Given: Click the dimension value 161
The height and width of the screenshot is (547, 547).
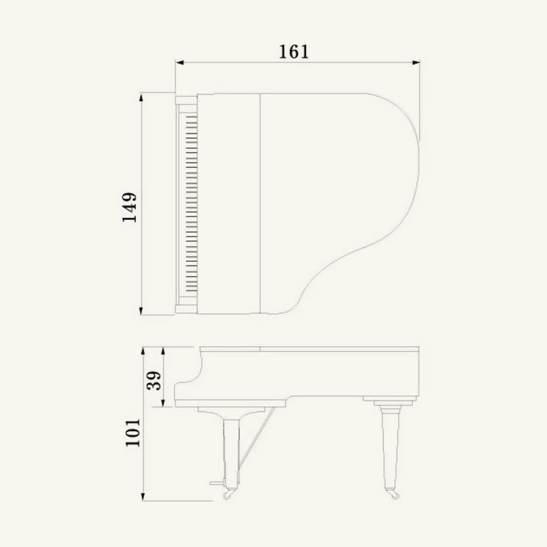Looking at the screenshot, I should coord(294,51).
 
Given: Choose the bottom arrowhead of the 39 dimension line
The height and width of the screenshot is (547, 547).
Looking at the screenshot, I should coord(164,405).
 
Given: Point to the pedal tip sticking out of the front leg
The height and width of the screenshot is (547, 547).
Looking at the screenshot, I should coord(217,485).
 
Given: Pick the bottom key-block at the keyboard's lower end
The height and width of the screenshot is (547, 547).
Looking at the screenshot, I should coord(186,306).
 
